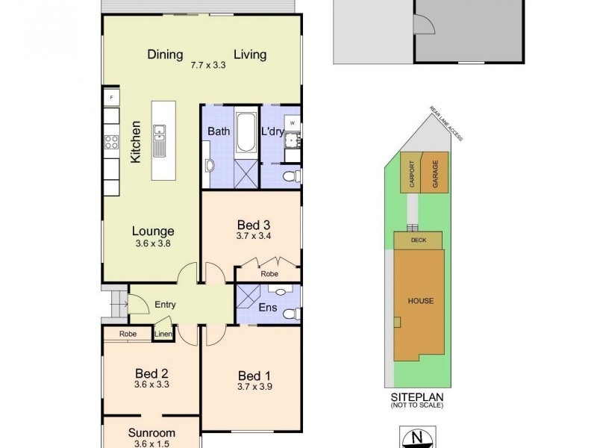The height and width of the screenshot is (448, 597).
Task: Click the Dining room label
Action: (x=165, y=55)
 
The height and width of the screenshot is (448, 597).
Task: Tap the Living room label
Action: (x=250, y=55)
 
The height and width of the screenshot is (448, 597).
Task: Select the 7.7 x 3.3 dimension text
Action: (x=207, y=65)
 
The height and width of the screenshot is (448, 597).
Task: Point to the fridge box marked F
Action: (x=111, y=98)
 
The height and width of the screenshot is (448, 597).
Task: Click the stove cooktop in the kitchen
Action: (x=111, y=140)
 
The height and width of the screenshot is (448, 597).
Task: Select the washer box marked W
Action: (x=293, y=122)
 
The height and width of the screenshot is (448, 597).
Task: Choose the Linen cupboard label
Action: (x=163, y=334)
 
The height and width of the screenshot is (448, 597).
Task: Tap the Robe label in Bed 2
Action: (x=128, y=335)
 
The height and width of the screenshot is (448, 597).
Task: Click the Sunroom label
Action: (x=151, y=432)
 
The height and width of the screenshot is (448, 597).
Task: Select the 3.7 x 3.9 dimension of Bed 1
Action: (x=252, y=387)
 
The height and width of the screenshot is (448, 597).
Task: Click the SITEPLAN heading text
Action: (x=416, y=398)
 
